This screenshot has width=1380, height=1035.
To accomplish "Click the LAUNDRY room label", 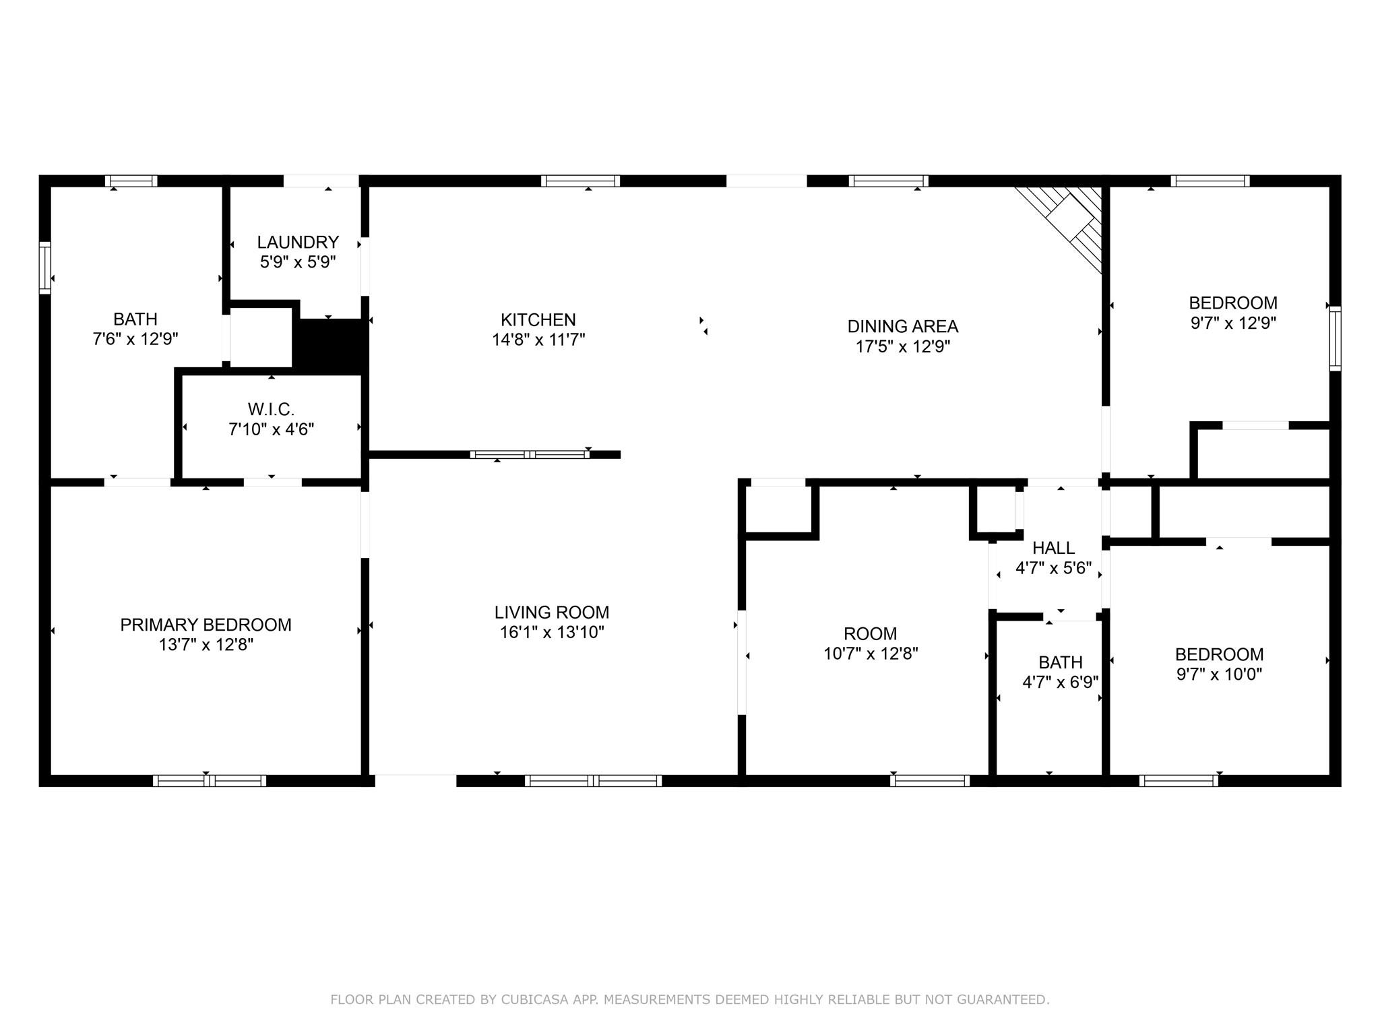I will tap(298, 242).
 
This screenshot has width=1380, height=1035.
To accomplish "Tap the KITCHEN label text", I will tap(538, 319).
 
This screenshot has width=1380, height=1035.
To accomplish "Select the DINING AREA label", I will tap(902, 326).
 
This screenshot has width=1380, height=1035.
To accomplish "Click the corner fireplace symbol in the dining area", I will tap(1071, 220).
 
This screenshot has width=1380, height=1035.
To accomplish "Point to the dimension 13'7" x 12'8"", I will tap(206, 645).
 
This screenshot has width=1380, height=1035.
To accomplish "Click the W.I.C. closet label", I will tap(271, 409).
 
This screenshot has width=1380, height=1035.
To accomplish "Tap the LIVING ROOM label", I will tap(551, 612).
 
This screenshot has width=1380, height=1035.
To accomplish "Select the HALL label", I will tap(1053, 548).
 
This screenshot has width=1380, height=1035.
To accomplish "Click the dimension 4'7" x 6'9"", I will tap(1060, 682).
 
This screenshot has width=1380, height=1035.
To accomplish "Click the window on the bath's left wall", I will tap(45, 268).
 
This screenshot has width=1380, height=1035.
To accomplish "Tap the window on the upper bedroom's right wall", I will tap(1335, 338).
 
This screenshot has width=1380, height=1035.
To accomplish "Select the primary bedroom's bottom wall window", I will tap(210, 781).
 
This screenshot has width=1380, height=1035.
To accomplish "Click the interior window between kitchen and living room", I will tap(530, 455).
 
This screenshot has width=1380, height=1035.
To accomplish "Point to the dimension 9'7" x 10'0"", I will tap(1219, 674).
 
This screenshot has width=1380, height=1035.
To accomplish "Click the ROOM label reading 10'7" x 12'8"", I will tap(870, 633).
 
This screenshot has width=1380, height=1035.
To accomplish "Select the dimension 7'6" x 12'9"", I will tap(135, 338).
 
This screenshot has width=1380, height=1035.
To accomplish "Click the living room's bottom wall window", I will tap(593, 781).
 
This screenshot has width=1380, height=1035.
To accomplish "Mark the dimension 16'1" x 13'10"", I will tap(551, 632).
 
